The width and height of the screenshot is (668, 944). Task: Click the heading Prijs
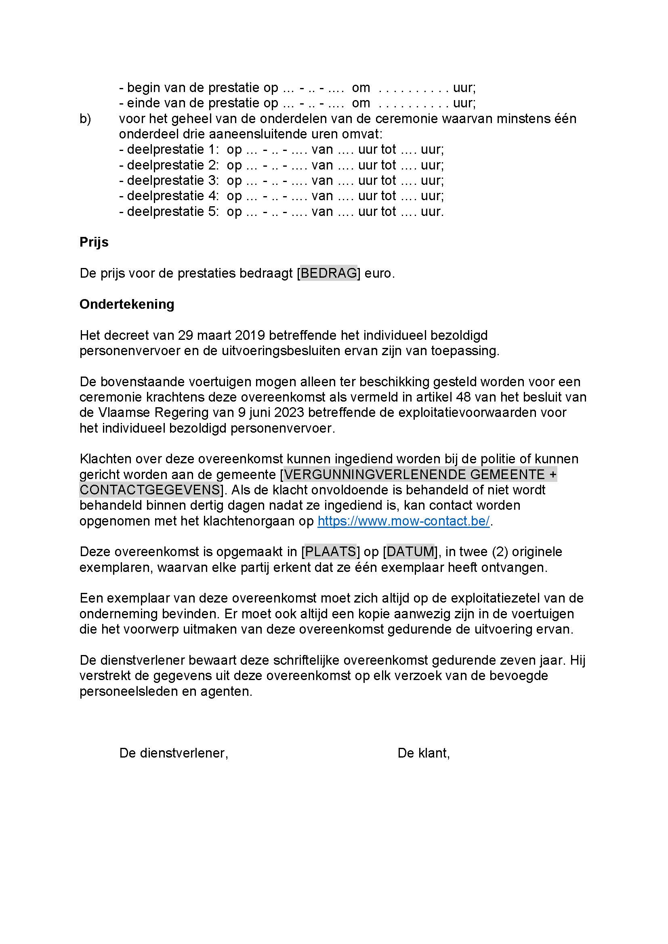(94, 242)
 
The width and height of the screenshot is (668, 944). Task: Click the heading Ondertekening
(127, 304)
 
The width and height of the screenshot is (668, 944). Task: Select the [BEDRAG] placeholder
(329, 273)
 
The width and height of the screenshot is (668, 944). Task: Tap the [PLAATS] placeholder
(331, 552)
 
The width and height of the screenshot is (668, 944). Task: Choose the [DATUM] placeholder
(410, 552)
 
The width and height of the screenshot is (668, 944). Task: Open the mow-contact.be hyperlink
(403, 521)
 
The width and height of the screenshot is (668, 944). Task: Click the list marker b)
(85, 119)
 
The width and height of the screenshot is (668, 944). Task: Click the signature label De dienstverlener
(173, 753)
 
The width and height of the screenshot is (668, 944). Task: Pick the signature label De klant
(423, 753)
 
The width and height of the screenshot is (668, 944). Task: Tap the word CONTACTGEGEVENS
(149, 490)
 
